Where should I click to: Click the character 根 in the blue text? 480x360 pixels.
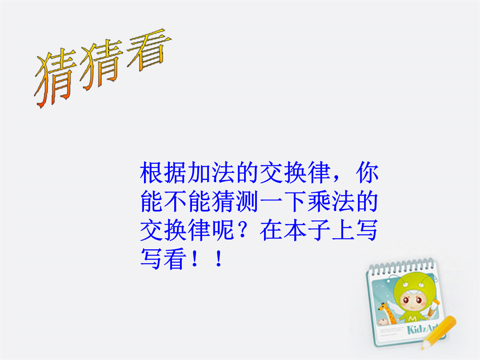tap(152, 172)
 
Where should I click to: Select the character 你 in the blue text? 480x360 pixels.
tap(367, 172)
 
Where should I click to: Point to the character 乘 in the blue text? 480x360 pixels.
tap(319, 201)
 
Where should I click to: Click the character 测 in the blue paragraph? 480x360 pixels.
tap(248, 201)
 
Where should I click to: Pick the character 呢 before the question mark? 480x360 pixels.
tap(224, 230)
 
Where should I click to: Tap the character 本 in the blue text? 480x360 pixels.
tap(295, 230)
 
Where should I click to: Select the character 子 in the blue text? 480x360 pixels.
tap(319, 230)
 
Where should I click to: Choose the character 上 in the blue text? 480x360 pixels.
tap(343, 230)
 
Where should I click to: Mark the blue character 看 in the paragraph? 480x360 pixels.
tap(176, 259)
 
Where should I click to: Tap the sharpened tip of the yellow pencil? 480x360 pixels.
tap(423, 348)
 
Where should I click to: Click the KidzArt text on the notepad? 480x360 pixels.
tap(423, 329)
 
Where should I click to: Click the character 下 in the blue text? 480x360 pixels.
tap(295, 201)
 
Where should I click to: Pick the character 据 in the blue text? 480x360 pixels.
tap(176, 172)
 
